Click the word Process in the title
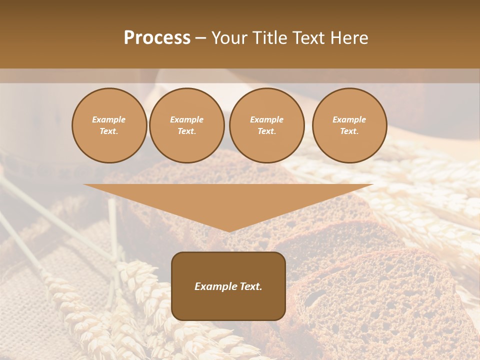(157, 38)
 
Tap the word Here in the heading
(348, 38)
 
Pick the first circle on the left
(109, 125)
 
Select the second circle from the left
(187, 125)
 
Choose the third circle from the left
(267, 125)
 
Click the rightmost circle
(349, 125)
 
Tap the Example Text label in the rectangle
(228, 286)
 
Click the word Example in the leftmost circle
(109, 119)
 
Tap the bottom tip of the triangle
(229, 231)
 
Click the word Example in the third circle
(267, 119)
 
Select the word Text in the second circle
(186, 131)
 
